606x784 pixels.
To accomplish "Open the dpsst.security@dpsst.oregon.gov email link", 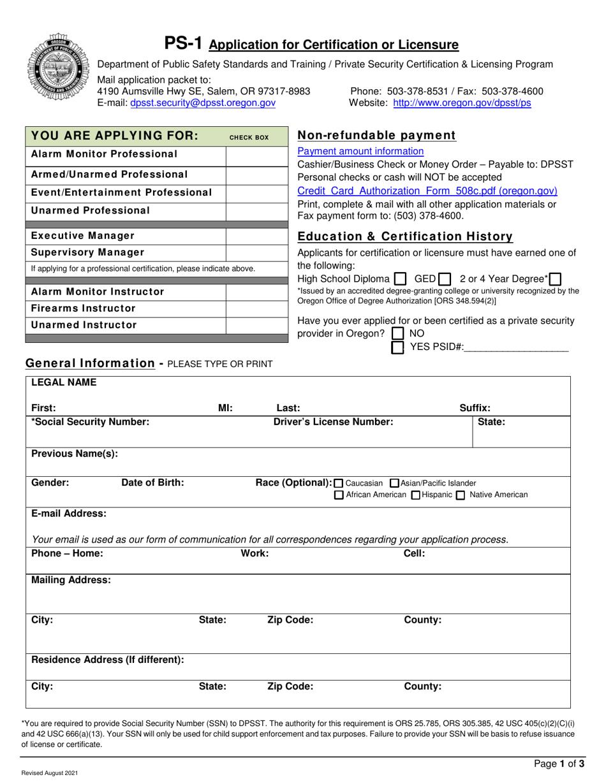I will [x=203, y=103].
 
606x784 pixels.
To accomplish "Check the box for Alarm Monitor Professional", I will [x=257, y=154].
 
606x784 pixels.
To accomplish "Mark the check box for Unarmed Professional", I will [x=257, y=211].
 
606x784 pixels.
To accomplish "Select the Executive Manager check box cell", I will [x=257, y=236].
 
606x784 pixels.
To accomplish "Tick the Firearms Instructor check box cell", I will [x=257, y=309].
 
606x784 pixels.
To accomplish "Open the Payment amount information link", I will [x=360, y=151].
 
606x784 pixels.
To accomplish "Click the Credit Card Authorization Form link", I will [x=427, y=191].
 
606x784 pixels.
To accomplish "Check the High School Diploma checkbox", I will [x=400, y=279].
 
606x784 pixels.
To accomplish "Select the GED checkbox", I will [x=445, y=279].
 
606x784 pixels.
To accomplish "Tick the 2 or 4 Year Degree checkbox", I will [x=555, y=279].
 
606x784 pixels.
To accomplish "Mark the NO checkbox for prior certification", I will [x=398, y=333].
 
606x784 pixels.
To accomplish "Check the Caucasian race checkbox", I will [x=338, y=483].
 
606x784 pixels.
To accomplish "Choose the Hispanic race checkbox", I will [x=416, y=495].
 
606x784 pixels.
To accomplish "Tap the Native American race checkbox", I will [x=460, y=495].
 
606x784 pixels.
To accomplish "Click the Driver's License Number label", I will [x=333, y=421].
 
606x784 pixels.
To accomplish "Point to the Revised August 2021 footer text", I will [x=50, y=773].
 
